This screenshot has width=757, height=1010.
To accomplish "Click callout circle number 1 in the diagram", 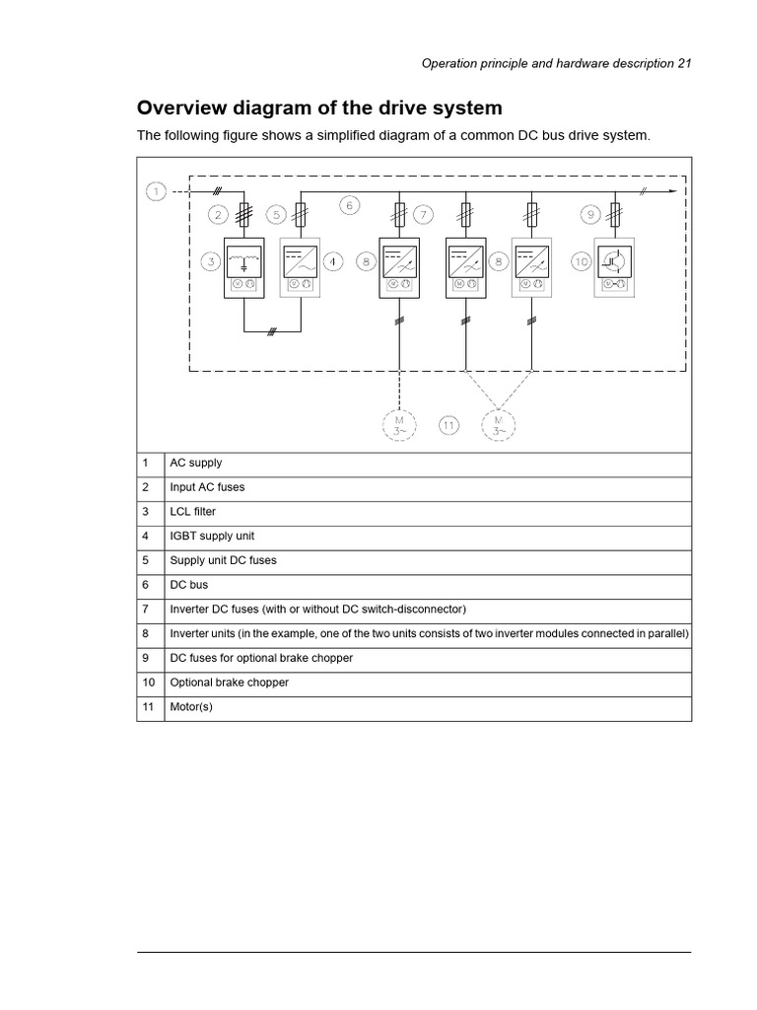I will [156, 191].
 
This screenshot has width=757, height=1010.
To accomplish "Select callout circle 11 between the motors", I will [449, 425].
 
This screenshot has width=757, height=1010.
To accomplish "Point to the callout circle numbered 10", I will [582, 262].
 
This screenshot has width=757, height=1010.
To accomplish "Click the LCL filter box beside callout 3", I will [243, 266].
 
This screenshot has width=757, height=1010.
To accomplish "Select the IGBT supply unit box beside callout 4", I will [300, 266].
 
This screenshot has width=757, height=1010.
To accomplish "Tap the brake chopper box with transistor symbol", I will [616, 266].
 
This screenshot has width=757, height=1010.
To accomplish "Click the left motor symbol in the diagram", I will [399, 425].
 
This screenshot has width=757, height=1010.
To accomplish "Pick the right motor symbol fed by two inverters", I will [498, 425].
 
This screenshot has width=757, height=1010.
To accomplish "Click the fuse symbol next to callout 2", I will [243, 214].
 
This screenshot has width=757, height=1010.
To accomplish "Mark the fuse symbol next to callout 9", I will [616, 213].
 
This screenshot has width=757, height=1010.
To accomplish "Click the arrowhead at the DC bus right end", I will [674, 191].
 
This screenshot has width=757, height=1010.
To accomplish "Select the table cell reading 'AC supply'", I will [196, 463].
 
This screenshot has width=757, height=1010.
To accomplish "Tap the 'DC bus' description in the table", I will [188, 585].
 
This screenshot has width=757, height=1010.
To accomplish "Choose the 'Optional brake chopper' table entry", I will [230, 683].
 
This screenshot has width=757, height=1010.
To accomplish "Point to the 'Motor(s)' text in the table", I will [191, 707].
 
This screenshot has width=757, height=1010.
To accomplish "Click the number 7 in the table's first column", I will [145, 609].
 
